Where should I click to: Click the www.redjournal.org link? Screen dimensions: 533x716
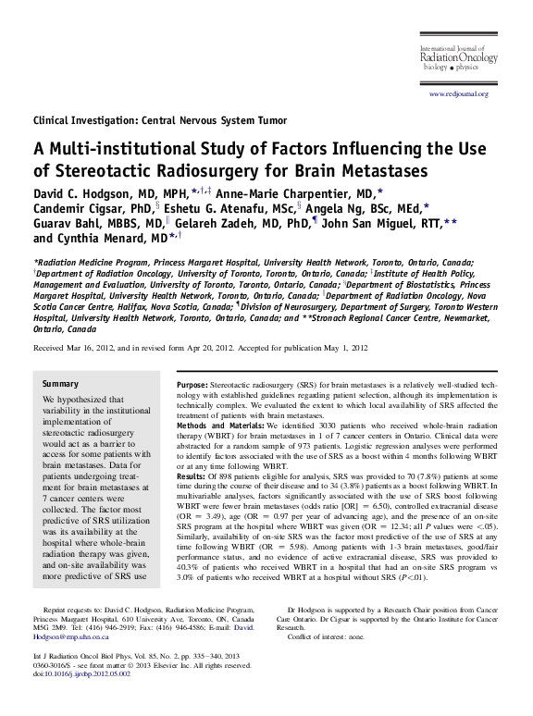point(459,94)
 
